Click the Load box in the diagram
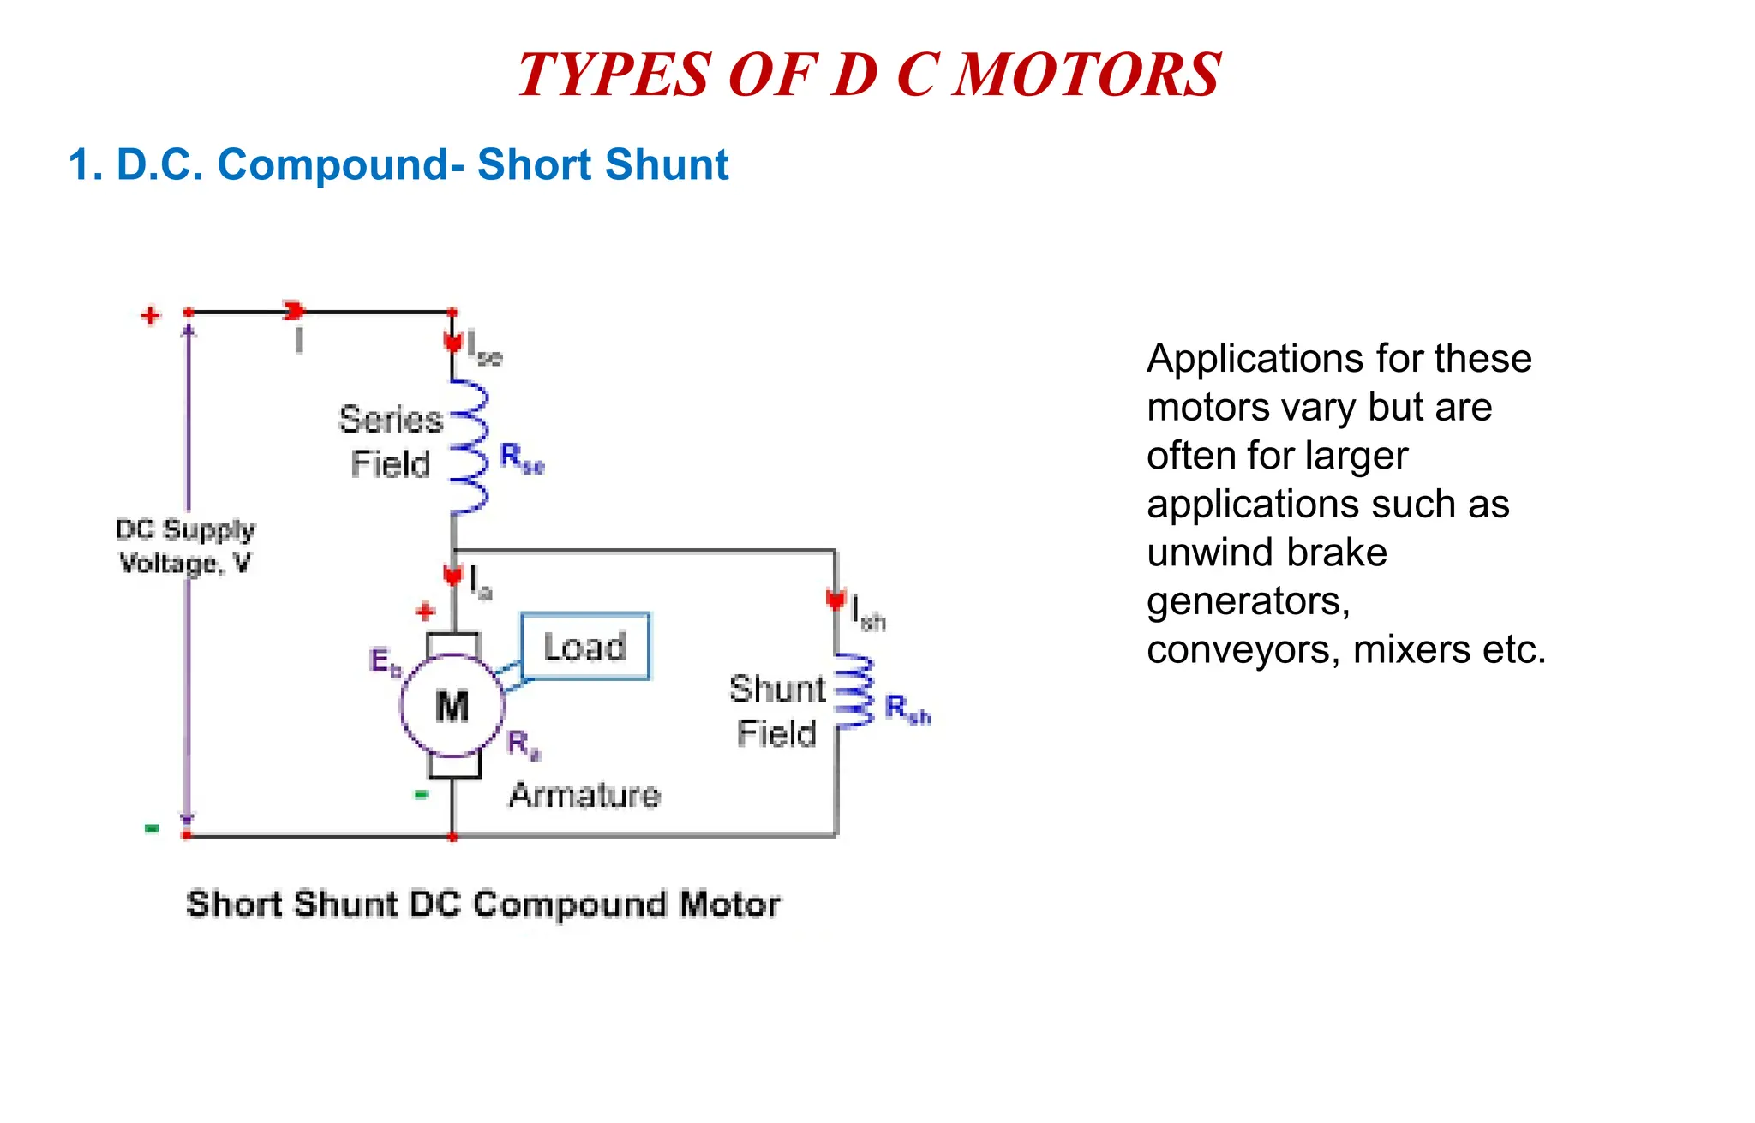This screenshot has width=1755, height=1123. [x=585, y=647]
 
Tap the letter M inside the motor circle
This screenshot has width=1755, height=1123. [x=452, y=707]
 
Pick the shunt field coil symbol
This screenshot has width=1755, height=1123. [x=854, y=691]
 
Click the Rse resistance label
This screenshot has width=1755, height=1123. [x=521, y=458]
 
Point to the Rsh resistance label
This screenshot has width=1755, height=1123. [x=907, y=709]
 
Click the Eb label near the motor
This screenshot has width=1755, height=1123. [x=384, y=662]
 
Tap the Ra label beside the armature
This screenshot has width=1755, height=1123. [x=522, y=744]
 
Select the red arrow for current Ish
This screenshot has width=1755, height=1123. [x=836, y=600]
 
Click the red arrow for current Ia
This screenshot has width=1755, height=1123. [x=453, y=575]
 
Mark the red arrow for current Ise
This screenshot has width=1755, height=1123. [x=452, y=342]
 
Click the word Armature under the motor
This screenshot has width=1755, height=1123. [x=584, y=795]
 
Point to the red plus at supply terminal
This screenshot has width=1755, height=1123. [x=151, y=315]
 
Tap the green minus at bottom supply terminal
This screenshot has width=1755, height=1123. [x=152, y=827]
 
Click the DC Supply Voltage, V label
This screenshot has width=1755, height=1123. [x=185, y=546]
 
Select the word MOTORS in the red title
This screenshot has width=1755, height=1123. [x=1087, y=75]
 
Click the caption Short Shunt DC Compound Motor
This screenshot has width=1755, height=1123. [x=483, y=905]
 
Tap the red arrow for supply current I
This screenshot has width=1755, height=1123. [x=295, y=311]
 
